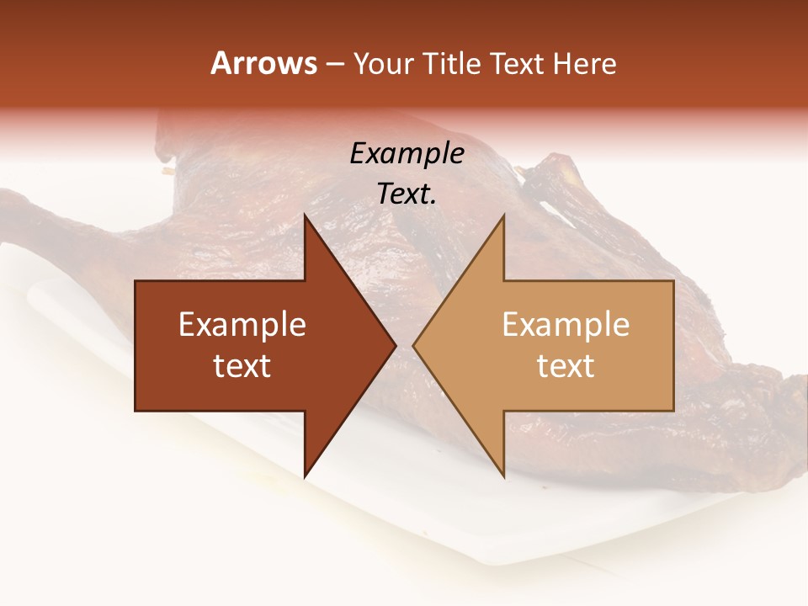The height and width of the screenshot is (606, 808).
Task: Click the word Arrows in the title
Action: (263, 63)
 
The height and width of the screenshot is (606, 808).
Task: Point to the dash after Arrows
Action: (334, 65)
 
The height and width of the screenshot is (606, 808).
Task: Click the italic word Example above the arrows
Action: (407, 154)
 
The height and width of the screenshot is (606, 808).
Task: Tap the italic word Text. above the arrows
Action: (407, 194)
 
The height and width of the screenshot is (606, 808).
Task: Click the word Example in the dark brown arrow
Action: (242, 325)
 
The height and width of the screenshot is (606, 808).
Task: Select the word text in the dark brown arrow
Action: (242, 366)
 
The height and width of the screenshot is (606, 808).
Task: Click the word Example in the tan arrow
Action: (566, 325)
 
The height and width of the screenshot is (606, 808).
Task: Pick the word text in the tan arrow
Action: (566, 366)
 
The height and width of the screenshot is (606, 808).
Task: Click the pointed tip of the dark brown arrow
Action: (396, 346)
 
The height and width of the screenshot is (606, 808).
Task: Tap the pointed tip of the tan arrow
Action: (412, 346)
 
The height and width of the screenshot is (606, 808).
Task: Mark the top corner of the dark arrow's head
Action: (305, 215)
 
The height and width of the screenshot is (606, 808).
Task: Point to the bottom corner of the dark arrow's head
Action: (305, 477)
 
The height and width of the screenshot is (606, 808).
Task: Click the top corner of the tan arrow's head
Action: (504, 215)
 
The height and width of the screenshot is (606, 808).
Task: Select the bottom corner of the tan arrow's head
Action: (504, 477)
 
